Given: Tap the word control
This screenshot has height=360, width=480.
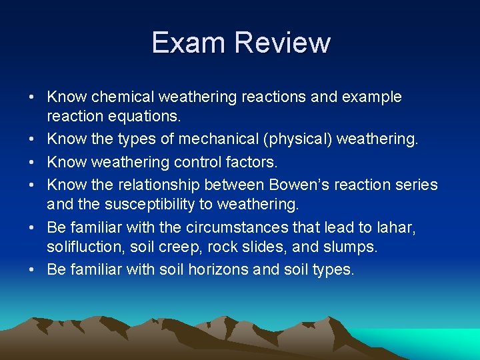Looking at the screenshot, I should pyautogui.click(x=193, y=162).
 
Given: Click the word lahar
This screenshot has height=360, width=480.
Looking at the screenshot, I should pyautogui.click(x=399, y=227).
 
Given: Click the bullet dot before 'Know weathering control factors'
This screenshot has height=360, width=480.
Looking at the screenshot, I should pyautogui.click(x=32, y=162).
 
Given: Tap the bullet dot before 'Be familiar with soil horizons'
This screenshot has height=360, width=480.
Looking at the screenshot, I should pyautogui.click(x=32, y=270).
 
